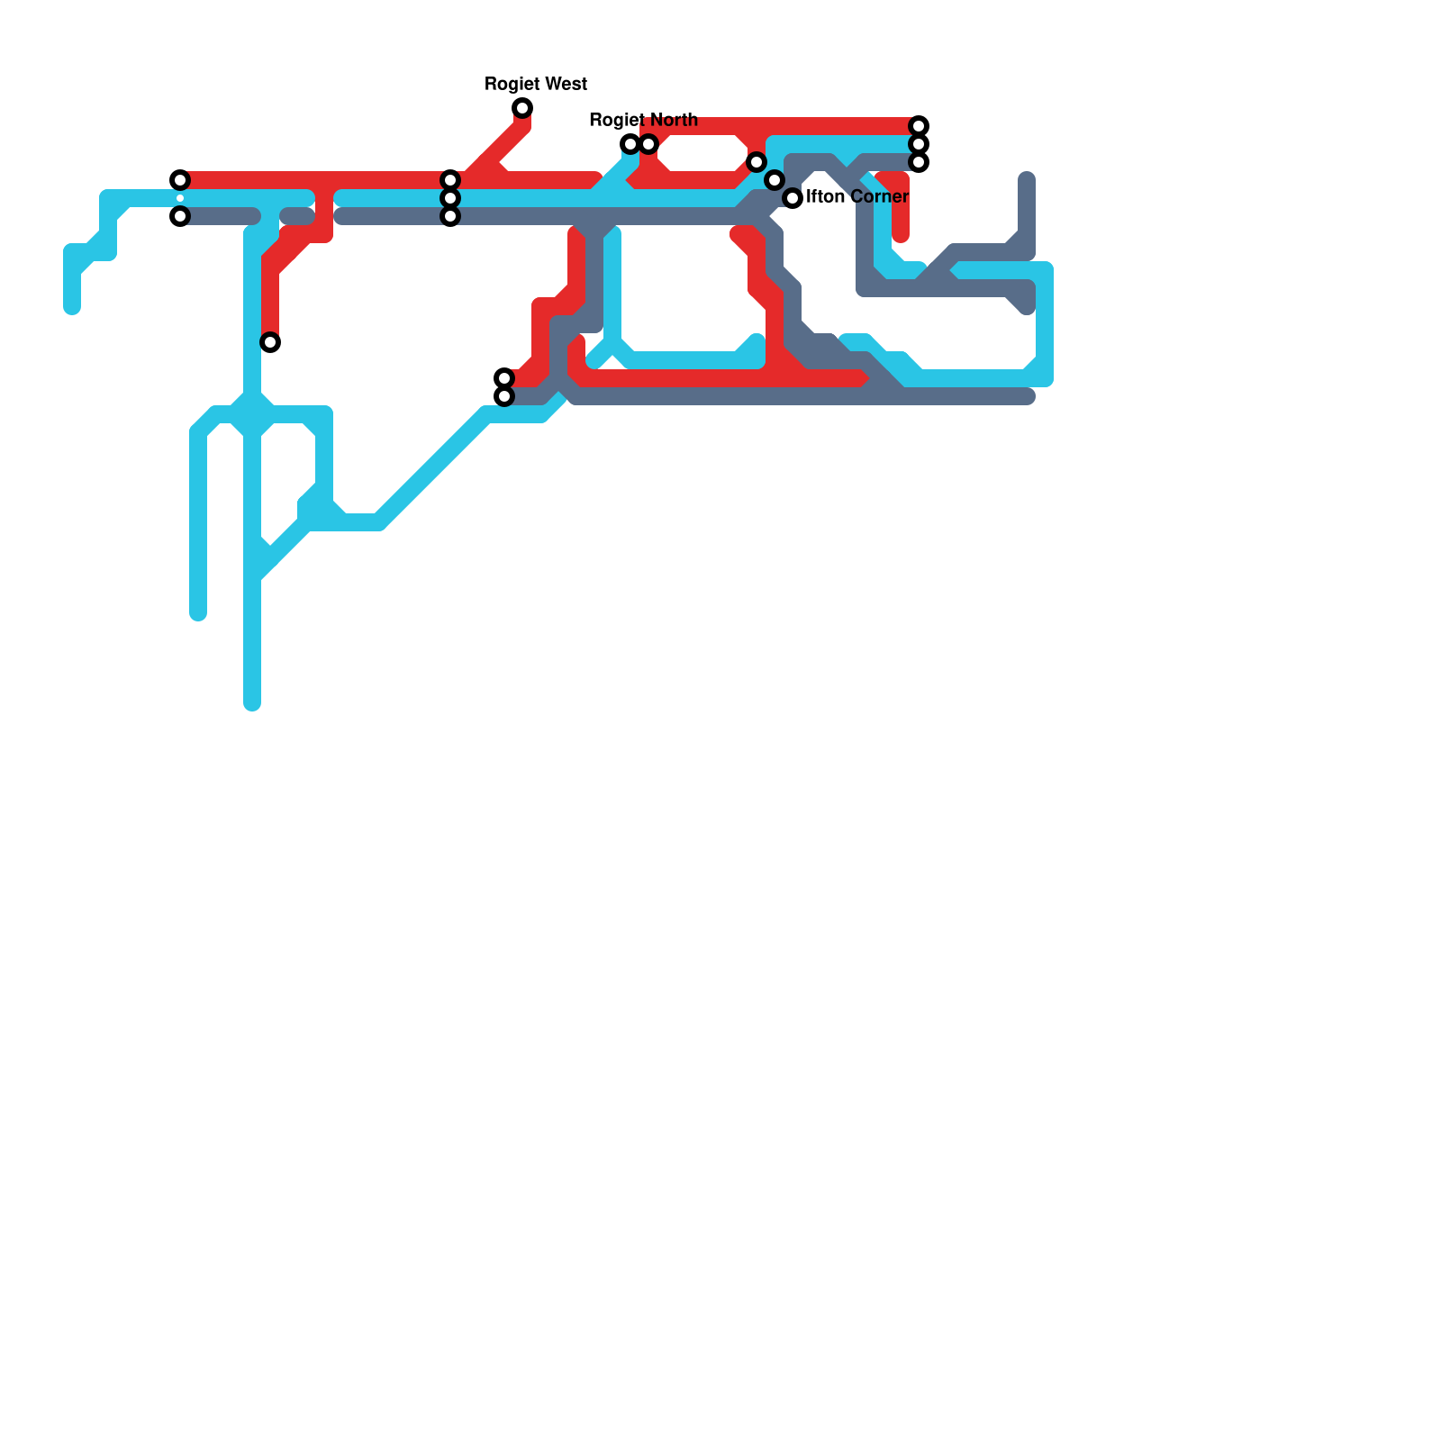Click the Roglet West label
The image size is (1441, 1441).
tap(536, 84)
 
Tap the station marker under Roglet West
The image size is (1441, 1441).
tap(522, 109)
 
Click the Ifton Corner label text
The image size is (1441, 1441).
tap(857, 196)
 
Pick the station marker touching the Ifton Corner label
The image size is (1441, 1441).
tap(793, 198)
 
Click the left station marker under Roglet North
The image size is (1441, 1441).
tap(630, 144)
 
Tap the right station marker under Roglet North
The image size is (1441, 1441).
tap(648, 144)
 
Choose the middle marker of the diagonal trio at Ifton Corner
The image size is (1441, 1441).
tap(775, 180)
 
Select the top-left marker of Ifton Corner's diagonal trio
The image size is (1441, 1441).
tap(757, 162)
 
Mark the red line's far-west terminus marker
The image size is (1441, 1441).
tap(180, 180)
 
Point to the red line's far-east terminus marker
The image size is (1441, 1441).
tap(919, 126)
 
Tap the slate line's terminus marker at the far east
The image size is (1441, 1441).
tap(919, 162)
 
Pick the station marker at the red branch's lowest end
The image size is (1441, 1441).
tap(270, 342)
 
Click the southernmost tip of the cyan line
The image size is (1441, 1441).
tap(252, 703)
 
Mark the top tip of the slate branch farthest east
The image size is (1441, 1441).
tap(1027, 177)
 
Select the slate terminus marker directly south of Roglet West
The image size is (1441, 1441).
tap(504, 396)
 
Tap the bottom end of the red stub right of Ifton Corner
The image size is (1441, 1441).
tap(901, 236)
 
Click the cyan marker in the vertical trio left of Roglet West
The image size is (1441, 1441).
tap(450, 198)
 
